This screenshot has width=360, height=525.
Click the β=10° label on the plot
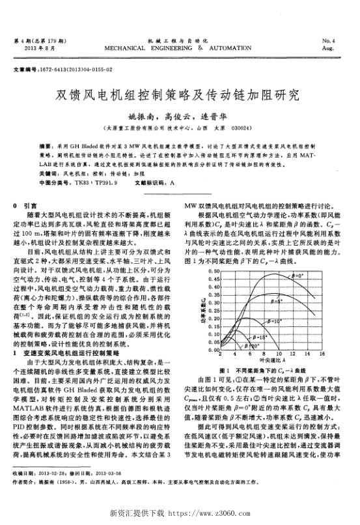(275, 321)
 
